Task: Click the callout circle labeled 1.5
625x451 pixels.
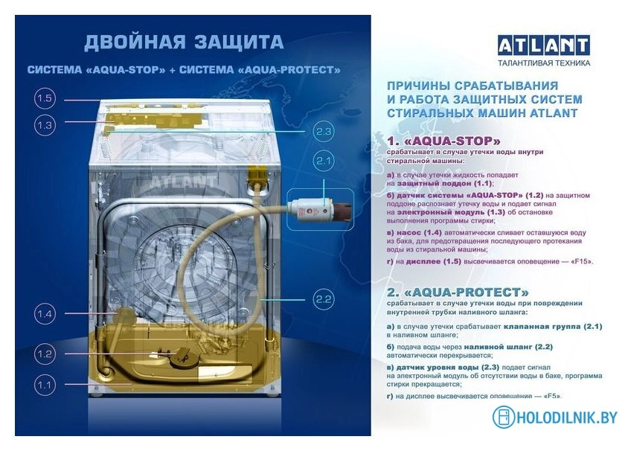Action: tap(45, 99)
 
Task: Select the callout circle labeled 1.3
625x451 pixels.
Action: tap(45, 126)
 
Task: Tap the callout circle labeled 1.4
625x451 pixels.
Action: tap(45, 315)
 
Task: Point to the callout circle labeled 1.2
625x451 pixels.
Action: tap(45, 354)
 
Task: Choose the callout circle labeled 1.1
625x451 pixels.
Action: tap(45, 385)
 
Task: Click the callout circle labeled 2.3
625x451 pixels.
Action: tap(323, 132)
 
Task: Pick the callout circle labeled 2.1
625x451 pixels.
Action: tap(323, 160)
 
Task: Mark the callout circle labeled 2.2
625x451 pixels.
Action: tap(323, 300)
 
